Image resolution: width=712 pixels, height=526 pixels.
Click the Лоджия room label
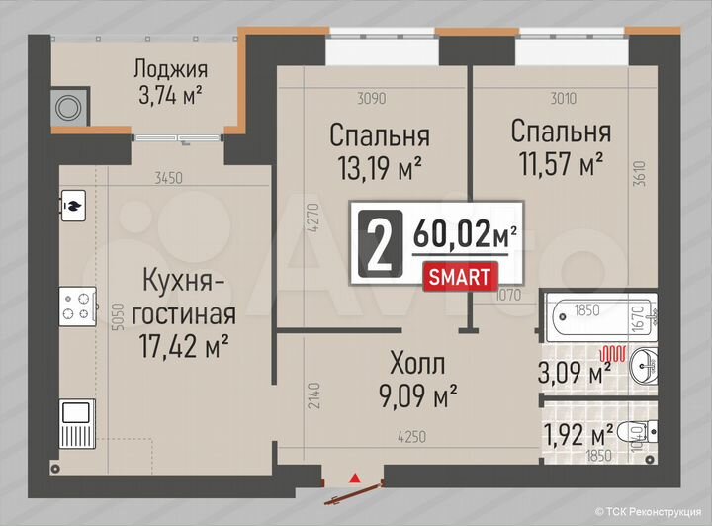pos(170,69)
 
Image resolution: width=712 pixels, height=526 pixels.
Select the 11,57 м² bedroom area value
pos(559,163)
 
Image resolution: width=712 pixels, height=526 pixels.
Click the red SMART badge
pos(458,276)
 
